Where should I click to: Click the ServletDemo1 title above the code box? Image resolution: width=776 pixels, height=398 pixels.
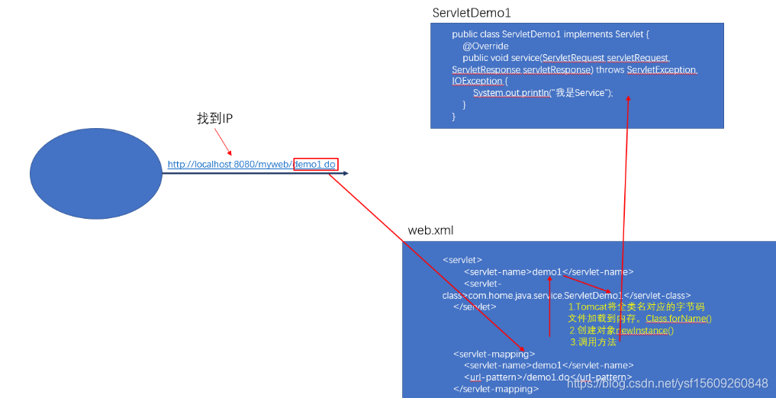point(472,13)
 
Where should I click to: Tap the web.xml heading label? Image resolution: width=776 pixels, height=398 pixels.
point(432,230)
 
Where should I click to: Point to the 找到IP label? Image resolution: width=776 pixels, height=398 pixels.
point(214,119)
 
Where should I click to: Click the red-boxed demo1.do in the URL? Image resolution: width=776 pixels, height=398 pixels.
point(314,164)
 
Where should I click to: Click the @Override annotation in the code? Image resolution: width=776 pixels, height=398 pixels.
point(485,46)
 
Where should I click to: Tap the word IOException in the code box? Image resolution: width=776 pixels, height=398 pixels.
point(478,81)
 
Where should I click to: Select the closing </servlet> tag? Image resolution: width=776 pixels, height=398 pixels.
point(475,307)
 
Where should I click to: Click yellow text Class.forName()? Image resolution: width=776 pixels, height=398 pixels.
point(678,318)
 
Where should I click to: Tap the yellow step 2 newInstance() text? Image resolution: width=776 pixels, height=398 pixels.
point(621,330)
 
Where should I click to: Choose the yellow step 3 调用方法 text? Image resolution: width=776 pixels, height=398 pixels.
point(593,342)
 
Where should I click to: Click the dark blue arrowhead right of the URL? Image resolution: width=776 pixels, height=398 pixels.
point(345,174)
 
